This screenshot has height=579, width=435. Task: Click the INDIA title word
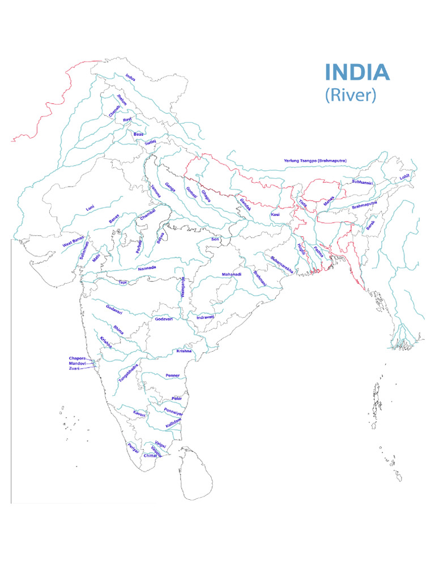pos(357,72)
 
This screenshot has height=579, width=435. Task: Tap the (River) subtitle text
pos(351,94)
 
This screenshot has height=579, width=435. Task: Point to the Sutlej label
pos(150,143)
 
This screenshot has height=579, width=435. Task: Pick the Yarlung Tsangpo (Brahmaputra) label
pos(315,161)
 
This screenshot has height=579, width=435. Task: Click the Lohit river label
pos(404,177)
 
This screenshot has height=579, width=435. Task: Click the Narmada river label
pos(147,268)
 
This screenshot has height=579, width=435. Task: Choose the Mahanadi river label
pos(231,274)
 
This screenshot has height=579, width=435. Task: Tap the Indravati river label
pos(205,317)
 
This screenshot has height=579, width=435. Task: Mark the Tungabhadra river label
pos(128,374)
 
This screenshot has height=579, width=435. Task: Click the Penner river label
pos(172,375)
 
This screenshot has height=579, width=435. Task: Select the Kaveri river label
pos(139,414)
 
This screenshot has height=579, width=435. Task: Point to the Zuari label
pos(74,368)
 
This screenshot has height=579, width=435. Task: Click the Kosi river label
pos(275,215)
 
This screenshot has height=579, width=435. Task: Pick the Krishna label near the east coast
pos(184,351)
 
